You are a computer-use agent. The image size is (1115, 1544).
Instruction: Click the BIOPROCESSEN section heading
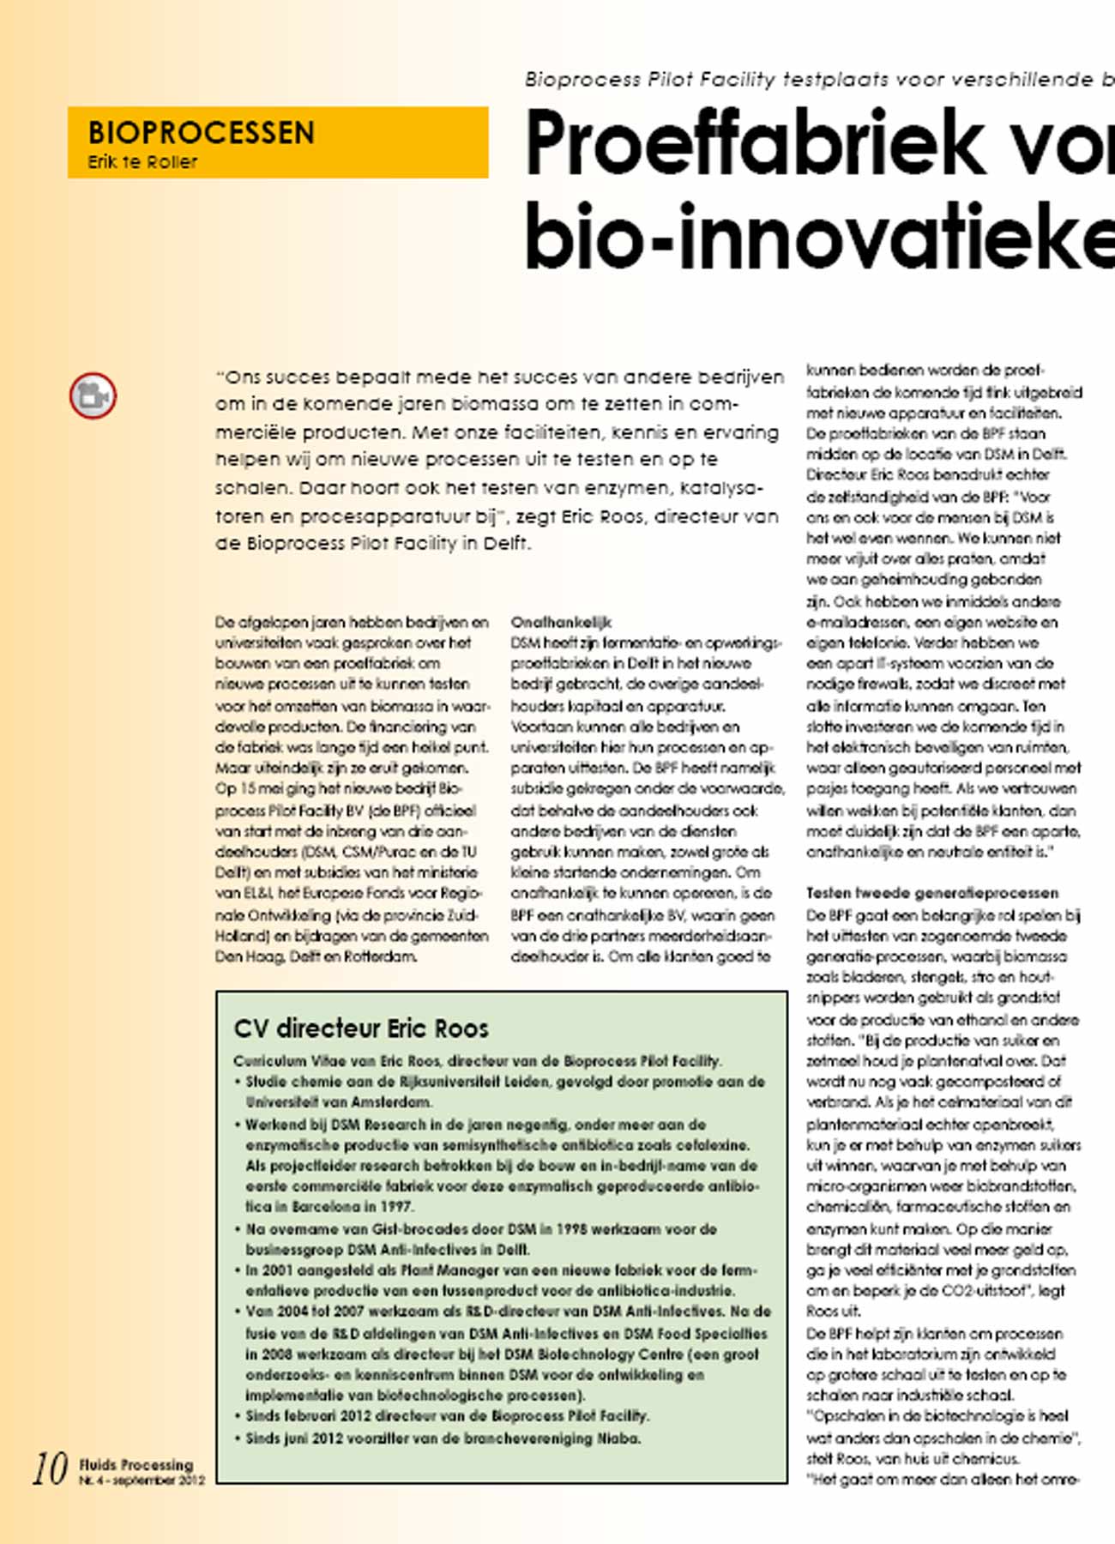click(201, 133)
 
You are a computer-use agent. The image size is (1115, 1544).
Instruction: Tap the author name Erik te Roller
click(142, 162)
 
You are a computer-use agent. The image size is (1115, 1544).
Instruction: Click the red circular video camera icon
click(93, 395)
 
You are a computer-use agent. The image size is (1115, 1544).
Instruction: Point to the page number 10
click(50, 1469)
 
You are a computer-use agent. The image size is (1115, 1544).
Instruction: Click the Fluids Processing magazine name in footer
click(136, 1464)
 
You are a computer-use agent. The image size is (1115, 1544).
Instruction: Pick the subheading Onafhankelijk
click(561, 622)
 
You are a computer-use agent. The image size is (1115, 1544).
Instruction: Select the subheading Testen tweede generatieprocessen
click(931, 893)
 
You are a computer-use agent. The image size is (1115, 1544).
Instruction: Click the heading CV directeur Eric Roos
click(361, 1028)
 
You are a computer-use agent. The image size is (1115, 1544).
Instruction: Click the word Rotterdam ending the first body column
click(380, 956)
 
